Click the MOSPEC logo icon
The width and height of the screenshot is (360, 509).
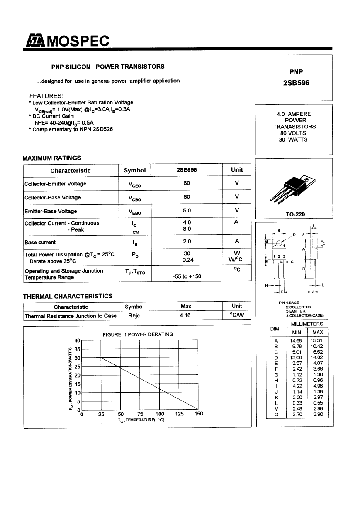34,41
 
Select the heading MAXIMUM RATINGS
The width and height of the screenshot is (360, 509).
52,158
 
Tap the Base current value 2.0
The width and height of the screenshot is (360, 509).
187,242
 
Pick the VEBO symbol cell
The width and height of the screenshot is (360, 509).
134,212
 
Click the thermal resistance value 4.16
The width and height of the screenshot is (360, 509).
186,315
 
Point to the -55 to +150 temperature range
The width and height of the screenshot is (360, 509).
187,276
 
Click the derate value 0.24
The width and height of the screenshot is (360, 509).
187,260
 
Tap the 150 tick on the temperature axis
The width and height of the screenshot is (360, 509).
199,414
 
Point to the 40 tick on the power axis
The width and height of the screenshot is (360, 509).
78,340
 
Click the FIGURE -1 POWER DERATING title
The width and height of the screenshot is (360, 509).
138,334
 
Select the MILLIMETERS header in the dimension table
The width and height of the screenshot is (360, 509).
306,324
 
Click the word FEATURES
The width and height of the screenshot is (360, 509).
46,96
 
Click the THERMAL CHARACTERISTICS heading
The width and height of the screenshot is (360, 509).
68,296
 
